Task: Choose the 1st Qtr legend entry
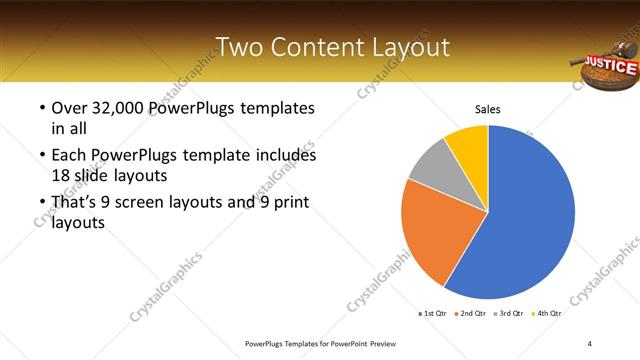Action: [x=433, y=313]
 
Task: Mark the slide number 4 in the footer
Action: [x=589, y=343]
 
